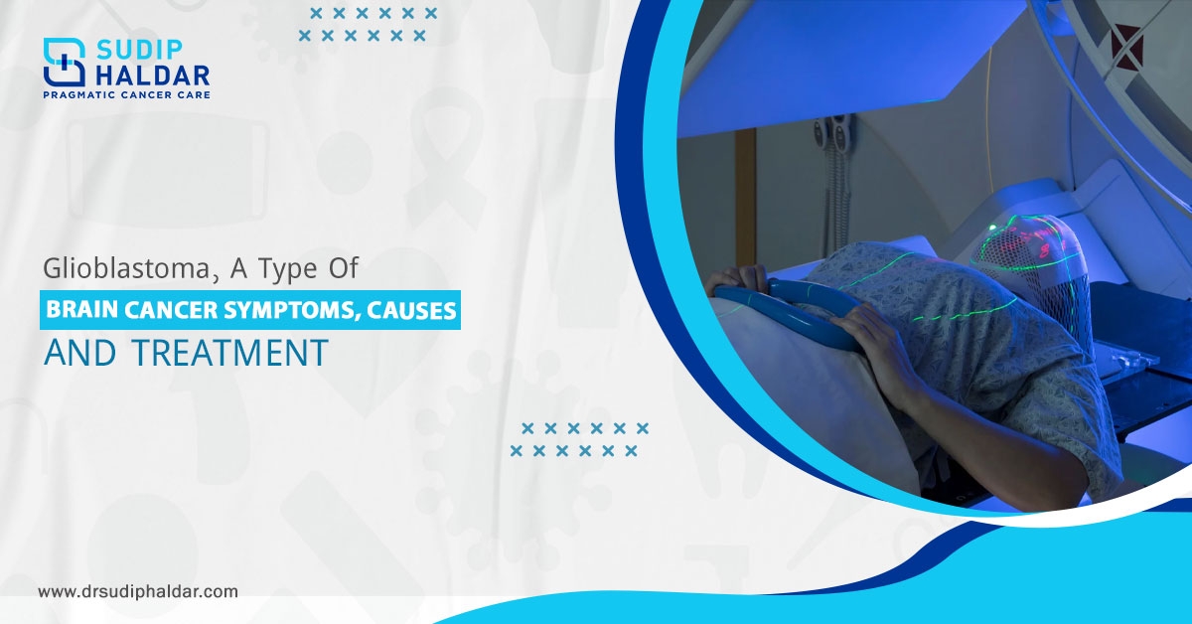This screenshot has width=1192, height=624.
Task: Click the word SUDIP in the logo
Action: pyautogui.click(x=139, y=51)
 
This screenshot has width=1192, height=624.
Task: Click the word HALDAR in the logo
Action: pyautogui.click(x=152, y=77)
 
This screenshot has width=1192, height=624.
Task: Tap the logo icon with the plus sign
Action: pyautogui.click(x=65, y=62)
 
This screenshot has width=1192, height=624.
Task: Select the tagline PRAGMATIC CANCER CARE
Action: pyautogui.click(x=127, y=95)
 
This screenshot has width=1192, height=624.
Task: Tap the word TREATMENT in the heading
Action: pyautogui.click(x=230, y=353)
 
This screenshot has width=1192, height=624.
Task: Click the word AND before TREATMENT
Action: pyautogui.click(x=79, y=353)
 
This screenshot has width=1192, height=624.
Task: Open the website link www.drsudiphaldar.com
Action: pyautogui.click(x=138, y=591)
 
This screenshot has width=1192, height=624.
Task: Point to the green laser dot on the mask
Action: pyautogui.click(x=992, y=228)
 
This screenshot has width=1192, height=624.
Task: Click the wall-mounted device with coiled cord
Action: pyautogui.click(x=831, y=160)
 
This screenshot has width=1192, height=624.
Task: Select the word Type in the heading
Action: pyautogui.click(x=288, y=269)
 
